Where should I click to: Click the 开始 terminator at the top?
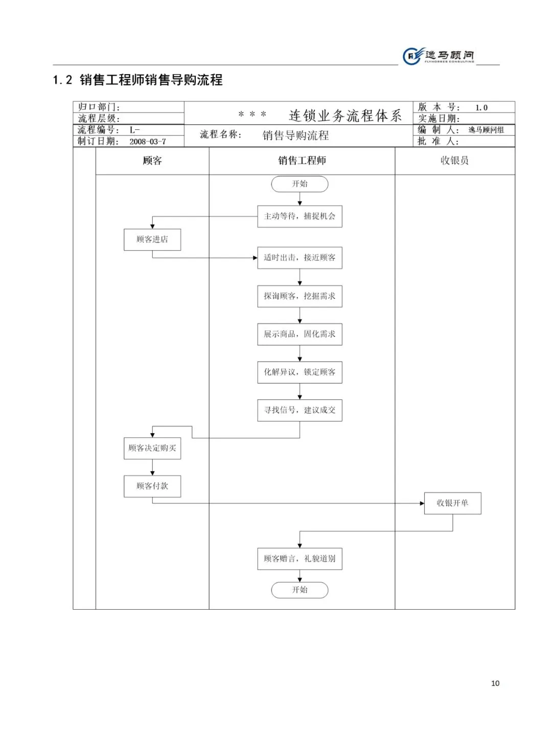pos(300,184)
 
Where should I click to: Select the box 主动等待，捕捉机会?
pos(300,216)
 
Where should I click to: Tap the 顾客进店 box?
pos(152,239)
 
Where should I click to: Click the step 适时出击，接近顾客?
pos(300,258)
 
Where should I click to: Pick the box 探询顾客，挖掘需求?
pos(300,296)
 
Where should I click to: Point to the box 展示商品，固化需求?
pos(300,334)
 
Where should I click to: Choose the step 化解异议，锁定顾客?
pos(300,372)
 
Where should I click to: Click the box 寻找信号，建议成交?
pos(300,410)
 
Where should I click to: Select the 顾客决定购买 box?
pos(152,448)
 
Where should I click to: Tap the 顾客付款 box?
pos(152,486)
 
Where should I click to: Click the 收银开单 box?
pos(452,503)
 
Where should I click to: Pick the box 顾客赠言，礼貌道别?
pos(300,559)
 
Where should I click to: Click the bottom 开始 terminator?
pos(300,590)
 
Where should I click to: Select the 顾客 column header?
pos(152,161)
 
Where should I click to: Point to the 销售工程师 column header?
pos(302,161)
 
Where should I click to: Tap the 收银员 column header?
pos(454,161)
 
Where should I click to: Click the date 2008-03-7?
pos(148,142)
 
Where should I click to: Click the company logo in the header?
pos(439,56)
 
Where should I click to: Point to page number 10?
pos(495,683)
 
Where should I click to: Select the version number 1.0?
pos(481,107)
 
